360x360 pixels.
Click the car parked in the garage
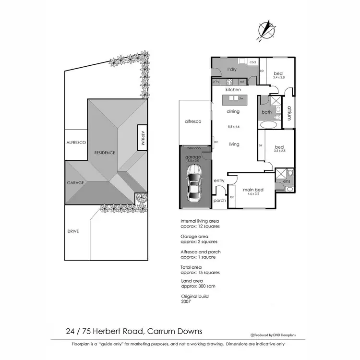pos(195,184)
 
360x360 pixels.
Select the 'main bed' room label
pos(253,189)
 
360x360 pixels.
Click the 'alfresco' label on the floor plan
pos(192,122)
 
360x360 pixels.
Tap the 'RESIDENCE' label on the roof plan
pos(104,153)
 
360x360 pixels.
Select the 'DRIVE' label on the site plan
pos(73,231)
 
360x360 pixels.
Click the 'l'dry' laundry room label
pos(232,70)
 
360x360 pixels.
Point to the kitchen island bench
pos(233,98)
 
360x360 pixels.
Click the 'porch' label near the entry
pos(219,201)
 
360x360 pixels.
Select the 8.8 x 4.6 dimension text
pos(233,127)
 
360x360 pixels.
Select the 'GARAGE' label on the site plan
pos(76,183)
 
